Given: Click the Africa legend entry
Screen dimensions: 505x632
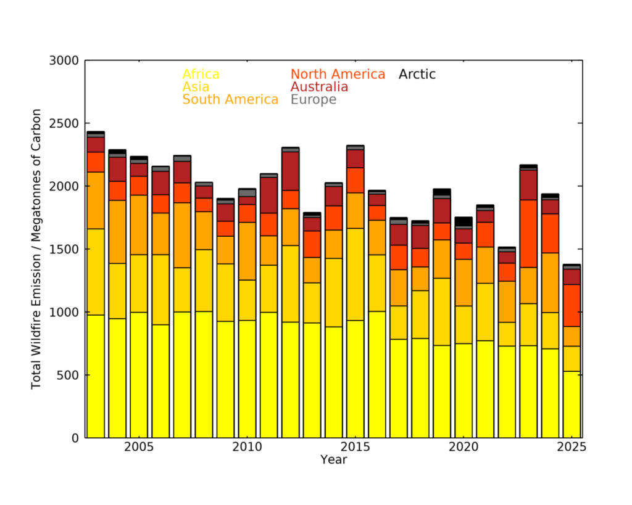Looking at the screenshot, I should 201,75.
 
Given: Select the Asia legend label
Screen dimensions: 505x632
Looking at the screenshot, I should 196,87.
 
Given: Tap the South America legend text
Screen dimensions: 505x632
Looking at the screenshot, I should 230,99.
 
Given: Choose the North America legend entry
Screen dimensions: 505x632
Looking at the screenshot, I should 338,75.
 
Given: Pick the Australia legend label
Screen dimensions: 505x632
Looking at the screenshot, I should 319,87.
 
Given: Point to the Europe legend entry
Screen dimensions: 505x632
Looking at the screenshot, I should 314,99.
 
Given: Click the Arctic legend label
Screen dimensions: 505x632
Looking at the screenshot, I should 417,75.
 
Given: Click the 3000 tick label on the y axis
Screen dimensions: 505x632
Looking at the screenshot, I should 64,60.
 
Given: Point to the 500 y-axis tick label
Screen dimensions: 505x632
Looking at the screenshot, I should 68,375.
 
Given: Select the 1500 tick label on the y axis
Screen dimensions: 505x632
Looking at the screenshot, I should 64,249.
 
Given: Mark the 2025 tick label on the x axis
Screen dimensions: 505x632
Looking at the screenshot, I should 572,447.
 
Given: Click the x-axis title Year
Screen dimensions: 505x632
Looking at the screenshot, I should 333,460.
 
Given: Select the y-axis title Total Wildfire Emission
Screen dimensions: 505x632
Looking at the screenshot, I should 36,249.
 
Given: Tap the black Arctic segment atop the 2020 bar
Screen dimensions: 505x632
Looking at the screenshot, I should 463,221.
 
